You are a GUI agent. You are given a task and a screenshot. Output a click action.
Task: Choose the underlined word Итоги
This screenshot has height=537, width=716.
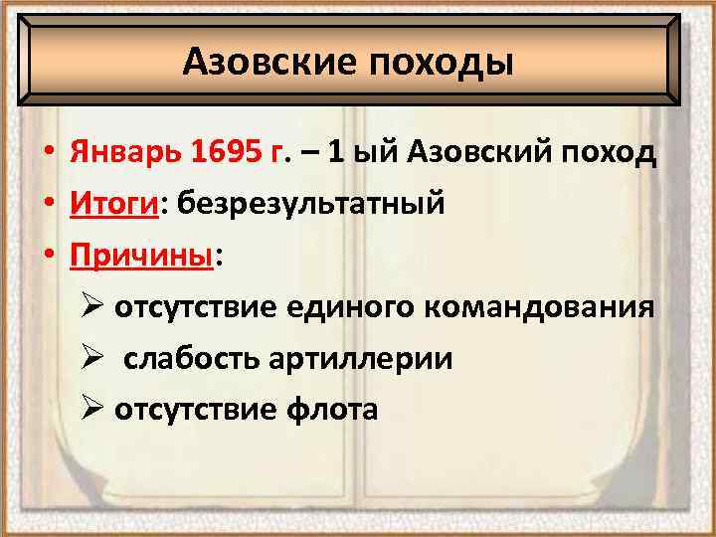coord(111,205)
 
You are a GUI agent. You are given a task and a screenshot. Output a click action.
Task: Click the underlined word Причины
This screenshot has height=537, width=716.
coord(140,256)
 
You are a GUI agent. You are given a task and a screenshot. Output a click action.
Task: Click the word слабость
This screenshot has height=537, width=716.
coord(192,358)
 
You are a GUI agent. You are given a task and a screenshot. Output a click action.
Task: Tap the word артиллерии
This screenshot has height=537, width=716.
coord(361,358)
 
